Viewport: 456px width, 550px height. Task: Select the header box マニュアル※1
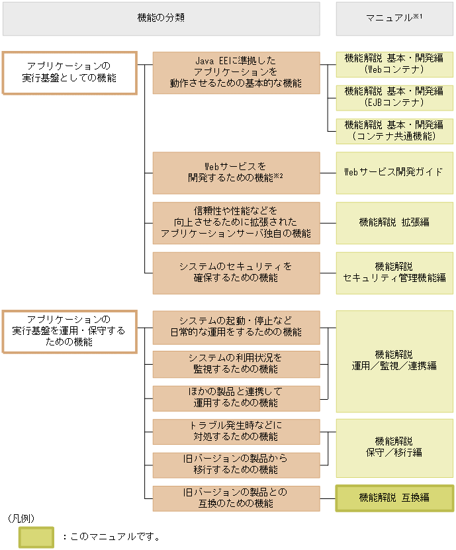(394, 19)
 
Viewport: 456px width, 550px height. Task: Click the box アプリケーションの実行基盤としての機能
(69, 72)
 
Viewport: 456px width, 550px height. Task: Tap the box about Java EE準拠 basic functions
(236, 72)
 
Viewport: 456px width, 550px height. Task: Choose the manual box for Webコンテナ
(394, 64)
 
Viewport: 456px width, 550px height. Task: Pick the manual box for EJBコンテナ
(394, 97)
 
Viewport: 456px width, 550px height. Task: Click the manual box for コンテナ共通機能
(394, 130)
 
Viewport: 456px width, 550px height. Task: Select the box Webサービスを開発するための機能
(236, 172)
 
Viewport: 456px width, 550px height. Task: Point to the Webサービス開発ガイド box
(394, 172)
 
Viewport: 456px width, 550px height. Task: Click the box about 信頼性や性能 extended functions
(236, 222)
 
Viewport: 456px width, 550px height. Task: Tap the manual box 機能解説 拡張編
(394, 222)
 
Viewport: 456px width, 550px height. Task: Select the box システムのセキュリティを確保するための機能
(236, 272)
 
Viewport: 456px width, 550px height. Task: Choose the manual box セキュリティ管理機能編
(394, 272)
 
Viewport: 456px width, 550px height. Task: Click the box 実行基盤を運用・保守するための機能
(69, 330)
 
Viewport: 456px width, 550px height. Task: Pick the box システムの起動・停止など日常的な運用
(236, 327)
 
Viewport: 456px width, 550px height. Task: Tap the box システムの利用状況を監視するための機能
(236, 363)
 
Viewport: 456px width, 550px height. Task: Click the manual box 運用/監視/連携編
(394, 360)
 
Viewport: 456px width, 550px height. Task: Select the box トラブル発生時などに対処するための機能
(236, 431)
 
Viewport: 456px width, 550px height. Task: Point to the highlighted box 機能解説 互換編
(394, 498)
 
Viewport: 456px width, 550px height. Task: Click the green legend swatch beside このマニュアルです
(36, 537)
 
